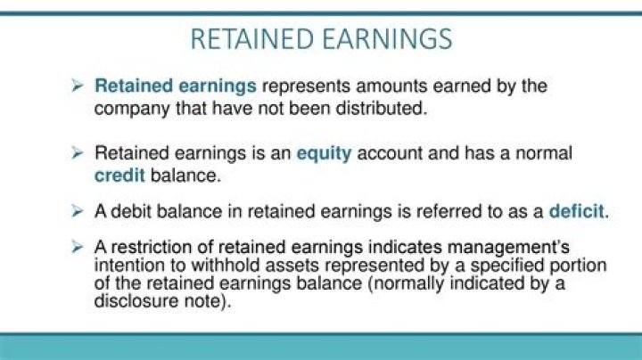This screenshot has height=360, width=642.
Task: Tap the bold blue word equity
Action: [325, 153]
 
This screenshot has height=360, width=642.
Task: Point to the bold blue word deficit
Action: [575, 213]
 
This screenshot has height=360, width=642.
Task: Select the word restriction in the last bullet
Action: [147, 246]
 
